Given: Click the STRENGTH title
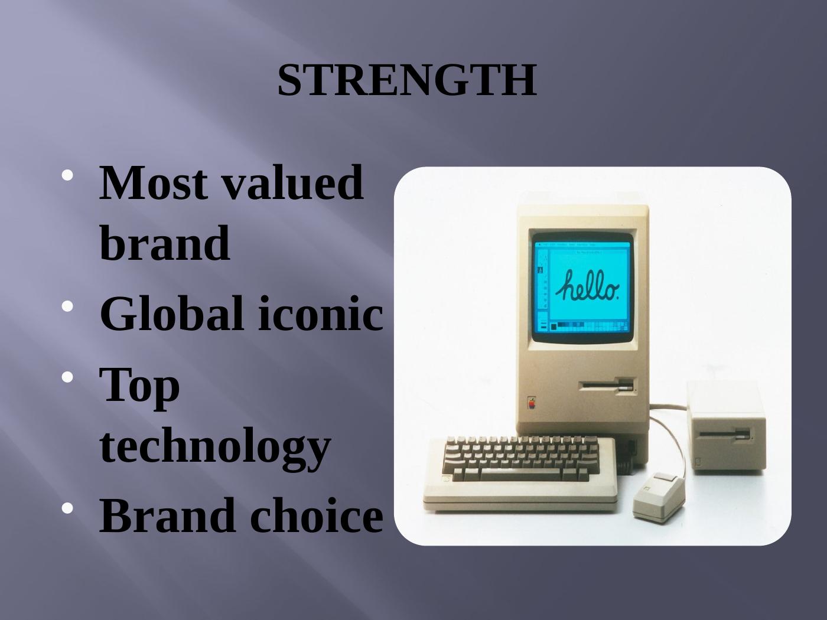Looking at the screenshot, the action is tap(407, 80).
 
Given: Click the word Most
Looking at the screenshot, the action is tap(153, 182).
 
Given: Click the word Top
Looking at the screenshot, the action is tap(139, 389).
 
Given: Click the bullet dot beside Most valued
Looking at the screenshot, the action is tap(67, 176).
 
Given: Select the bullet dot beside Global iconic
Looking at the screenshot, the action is tap(67, 306).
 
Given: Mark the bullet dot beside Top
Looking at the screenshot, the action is tap(67, 377).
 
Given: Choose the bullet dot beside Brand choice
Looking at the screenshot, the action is tap(67, 508).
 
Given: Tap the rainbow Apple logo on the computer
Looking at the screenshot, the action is tap(532, 403).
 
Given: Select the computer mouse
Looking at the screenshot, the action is tap(658, 497).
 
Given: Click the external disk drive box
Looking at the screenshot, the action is tap(726, 428).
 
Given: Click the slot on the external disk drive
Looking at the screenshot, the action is tap(724, 436).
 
